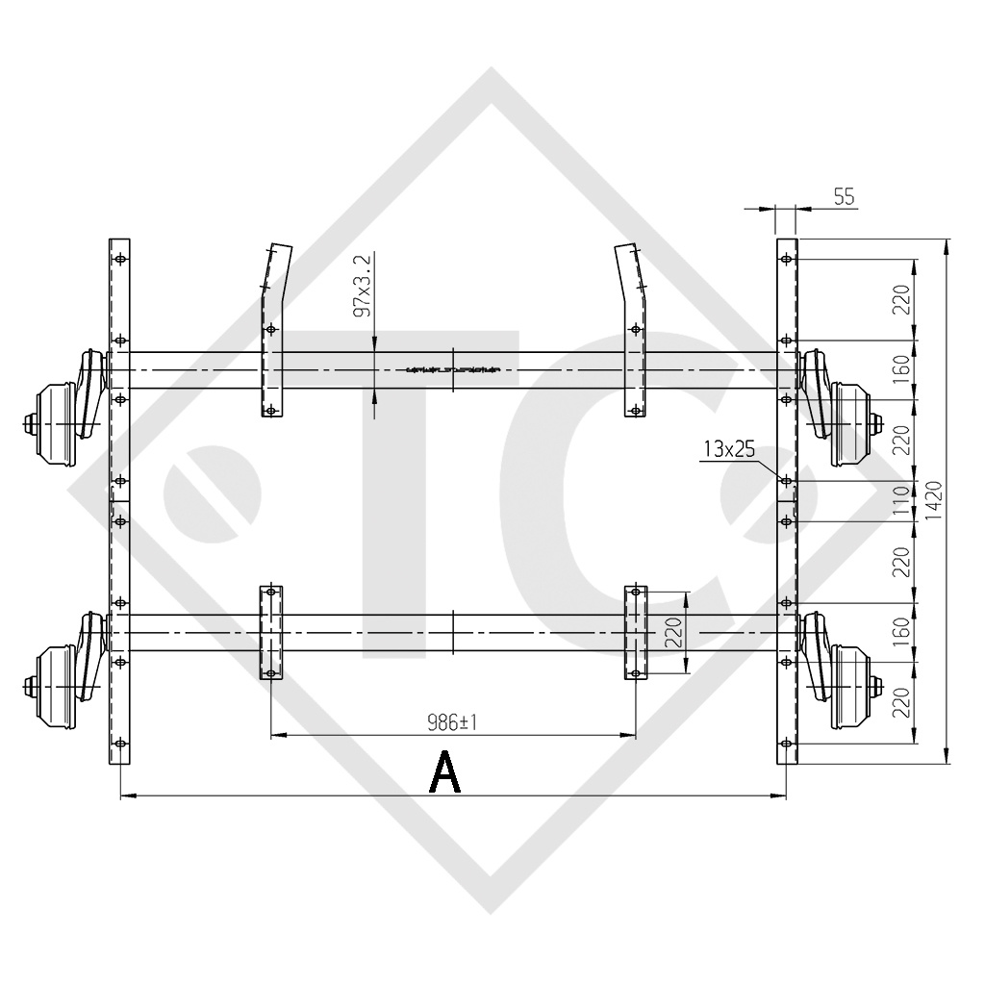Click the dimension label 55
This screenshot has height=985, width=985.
844,197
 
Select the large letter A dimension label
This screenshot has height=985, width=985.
444,771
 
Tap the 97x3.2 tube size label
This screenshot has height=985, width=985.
363,286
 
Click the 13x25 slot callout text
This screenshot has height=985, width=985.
727,449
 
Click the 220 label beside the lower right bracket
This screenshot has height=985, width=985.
675,633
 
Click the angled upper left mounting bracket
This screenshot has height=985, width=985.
277,327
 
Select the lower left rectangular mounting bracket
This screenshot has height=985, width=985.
271,632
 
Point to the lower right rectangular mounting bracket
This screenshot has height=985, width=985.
636,632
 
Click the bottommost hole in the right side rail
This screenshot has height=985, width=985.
787,744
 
